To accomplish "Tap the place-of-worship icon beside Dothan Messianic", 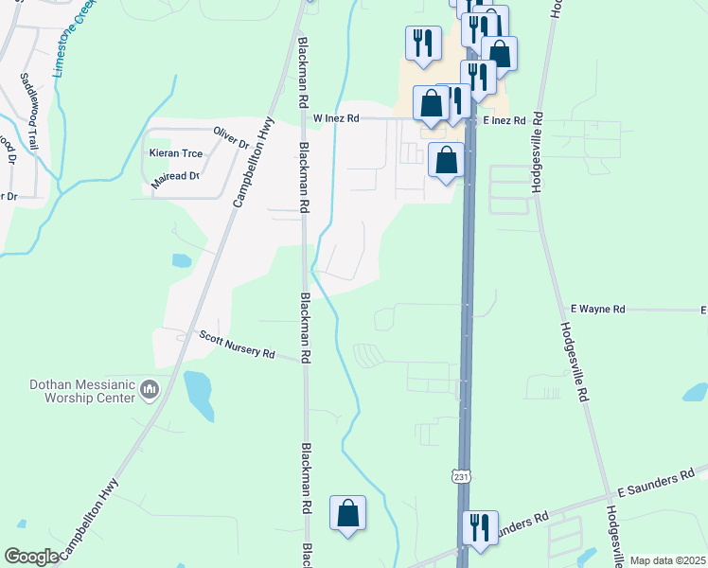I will click(150, 389).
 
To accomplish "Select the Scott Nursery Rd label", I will click(237, 345).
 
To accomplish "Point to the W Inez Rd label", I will click(336, 119).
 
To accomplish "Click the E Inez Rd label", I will click(504, 121).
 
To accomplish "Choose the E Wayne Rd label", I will click(598, 310).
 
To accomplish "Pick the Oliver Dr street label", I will click(230, 137).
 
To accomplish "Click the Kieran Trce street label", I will click(176, 153).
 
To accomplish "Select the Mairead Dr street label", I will click(175, 176).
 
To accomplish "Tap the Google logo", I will click(31, 557).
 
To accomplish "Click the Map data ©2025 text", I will click(667, 560).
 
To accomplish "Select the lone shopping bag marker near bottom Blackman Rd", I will click(347, 513).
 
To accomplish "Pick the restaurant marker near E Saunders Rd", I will click(479, 526).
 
